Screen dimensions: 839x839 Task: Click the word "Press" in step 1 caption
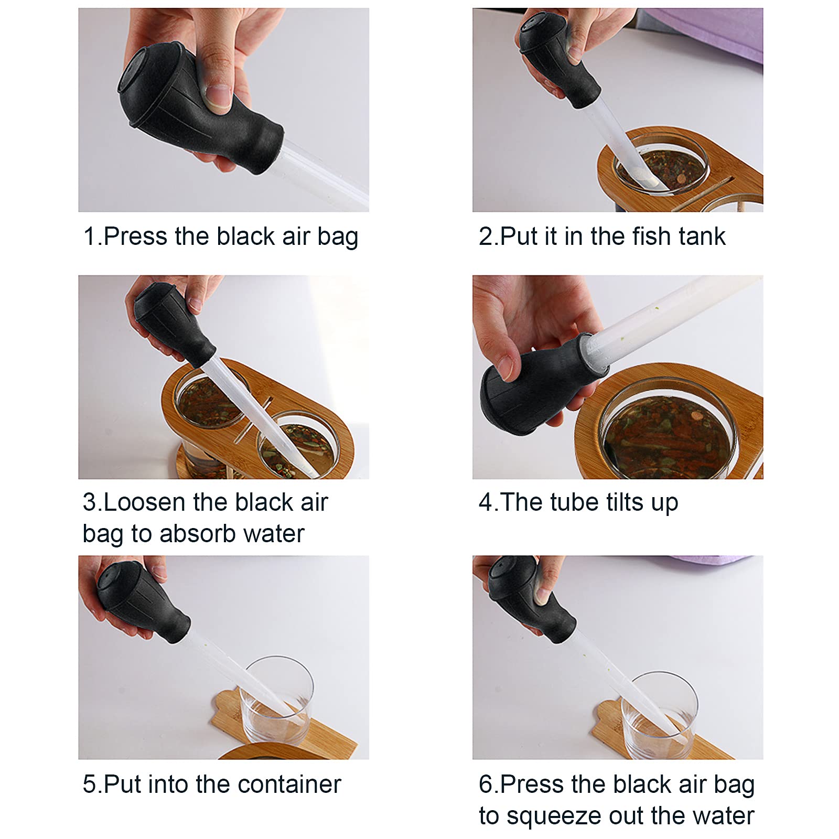point(136,236)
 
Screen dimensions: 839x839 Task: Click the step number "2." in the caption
point(488,236)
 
